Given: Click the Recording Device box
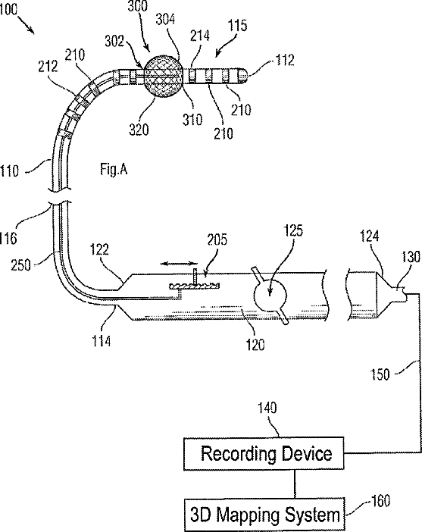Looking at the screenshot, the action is tap(264, 454).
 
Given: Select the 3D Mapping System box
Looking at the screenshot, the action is tap(264, 515).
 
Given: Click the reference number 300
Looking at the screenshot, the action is tap(137, 6).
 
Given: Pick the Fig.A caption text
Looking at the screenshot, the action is tap(114, 169).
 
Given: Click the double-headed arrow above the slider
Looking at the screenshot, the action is tap(179, 263).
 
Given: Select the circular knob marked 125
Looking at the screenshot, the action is tap(270, 295).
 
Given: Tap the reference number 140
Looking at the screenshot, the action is tap(267, 408).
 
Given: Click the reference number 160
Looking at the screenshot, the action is tap(380, 500).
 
